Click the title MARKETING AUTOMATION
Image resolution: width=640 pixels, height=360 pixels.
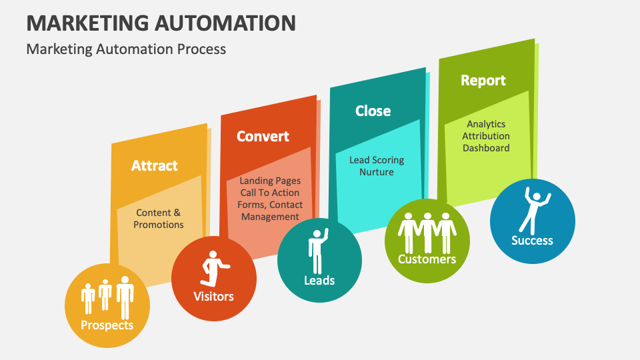point(161,23)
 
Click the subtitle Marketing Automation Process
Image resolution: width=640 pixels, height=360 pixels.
point(126,49)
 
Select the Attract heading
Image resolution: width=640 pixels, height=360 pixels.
point(155,165)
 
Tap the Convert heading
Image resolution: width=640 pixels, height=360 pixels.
point(263,136)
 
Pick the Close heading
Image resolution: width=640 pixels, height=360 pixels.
point(373,111)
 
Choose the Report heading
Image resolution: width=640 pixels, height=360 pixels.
point(483,80)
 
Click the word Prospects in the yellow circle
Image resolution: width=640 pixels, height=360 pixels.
point(107,325)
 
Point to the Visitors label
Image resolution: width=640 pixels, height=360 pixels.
point(213,296)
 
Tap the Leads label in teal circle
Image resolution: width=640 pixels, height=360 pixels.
point(319,280)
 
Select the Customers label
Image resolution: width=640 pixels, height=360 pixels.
point(427,259)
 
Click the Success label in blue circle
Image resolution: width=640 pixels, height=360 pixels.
point(532,240)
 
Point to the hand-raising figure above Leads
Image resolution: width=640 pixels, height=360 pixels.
point(318,250)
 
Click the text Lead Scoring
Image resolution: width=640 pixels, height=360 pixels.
point(377,160)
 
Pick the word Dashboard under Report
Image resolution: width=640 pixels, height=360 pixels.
point(486,148)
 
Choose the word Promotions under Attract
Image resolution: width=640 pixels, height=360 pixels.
point(159,225)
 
